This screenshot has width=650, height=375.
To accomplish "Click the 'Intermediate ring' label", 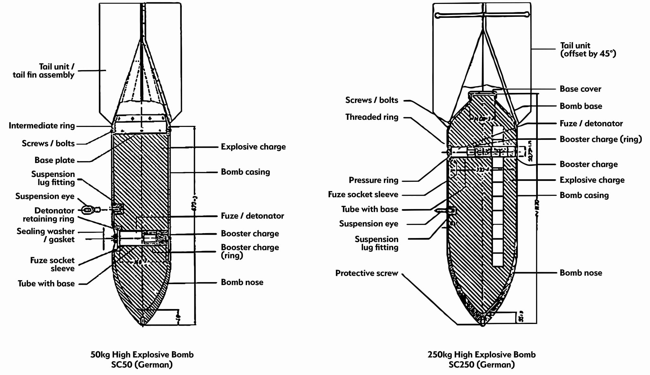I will (x=42, y=126).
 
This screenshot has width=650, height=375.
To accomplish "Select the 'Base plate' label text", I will (x=55, y=160).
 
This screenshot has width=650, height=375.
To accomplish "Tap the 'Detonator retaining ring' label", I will (x=48, y=215).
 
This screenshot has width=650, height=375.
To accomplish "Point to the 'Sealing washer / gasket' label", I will (x=46, y=235).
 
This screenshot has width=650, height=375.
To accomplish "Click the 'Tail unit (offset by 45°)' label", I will (x=588, y=50).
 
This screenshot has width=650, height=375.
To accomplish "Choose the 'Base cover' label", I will (x=580, y=89).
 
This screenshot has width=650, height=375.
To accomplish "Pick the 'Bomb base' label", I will (x=581, y=106).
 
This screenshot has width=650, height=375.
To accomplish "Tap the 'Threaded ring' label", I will (x=371, y=117).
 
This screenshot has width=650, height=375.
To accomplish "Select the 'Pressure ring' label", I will (x=373, y=180).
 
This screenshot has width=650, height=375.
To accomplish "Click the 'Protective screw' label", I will (x=367, y=273).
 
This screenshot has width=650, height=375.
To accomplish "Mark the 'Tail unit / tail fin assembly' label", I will (x=44, y=71).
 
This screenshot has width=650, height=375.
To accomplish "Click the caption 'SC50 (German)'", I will (x=142, y=365).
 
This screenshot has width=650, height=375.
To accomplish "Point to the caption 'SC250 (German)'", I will (x=482, y=365).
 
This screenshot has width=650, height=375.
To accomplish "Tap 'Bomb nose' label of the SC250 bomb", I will (x=581, y=273).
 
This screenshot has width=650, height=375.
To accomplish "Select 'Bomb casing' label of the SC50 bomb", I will (x=245, y=172).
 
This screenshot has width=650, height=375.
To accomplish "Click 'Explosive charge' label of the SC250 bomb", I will (x=592, y=180).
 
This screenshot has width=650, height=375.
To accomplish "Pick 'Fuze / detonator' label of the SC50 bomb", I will (x=252, y=216).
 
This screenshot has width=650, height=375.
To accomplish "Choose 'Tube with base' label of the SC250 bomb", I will (x=370, y=209).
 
